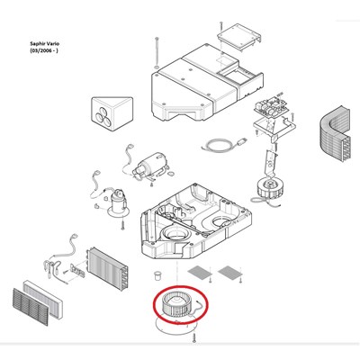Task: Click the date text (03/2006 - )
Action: [x=44, y=50]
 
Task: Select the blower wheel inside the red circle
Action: [x=176, y=305]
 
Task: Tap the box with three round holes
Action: [x=112, y=113]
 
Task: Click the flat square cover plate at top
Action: [x=238, y=36]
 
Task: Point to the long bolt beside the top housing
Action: [x=157, y=53]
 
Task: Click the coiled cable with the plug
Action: [x=223, y=144]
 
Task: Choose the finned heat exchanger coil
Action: [x=107, y=269]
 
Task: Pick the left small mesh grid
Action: [x=199, y=273]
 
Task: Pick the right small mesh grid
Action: [x=230, y=273]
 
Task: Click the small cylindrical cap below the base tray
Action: [x=157, y=275]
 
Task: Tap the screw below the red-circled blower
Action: [x=194, y=337]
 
